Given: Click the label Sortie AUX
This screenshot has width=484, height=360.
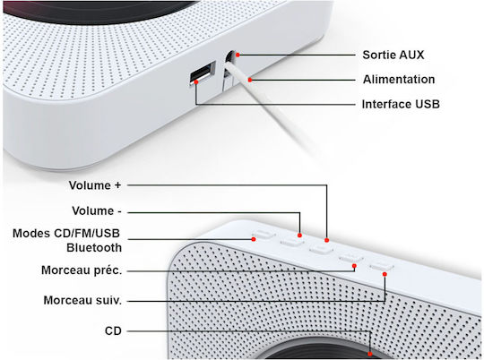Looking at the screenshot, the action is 393,55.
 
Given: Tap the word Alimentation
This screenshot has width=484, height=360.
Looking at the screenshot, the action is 399,80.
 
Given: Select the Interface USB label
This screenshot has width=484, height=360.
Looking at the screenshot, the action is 401,104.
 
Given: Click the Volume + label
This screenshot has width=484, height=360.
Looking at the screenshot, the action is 95,185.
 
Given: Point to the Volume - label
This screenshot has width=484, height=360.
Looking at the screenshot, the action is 97,211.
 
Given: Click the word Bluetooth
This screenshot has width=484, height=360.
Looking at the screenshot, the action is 94,248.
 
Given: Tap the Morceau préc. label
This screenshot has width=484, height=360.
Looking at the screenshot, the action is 82,270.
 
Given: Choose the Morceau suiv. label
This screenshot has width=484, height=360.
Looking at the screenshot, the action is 82,300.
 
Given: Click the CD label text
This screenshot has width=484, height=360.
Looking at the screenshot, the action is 113,331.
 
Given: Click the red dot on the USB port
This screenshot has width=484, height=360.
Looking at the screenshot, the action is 196,82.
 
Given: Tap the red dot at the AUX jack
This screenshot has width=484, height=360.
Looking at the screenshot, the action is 238,55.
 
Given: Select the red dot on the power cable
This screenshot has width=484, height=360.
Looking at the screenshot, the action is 250,80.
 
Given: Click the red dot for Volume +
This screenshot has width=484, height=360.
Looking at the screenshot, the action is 326,240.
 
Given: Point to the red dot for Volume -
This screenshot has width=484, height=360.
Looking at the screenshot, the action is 299,236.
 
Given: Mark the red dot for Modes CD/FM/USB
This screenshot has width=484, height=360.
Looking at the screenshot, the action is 254,239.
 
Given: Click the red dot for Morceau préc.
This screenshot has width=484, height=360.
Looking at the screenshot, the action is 354,266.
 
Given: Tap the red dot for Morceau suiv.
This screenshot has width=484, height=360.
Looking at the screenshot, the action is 385,274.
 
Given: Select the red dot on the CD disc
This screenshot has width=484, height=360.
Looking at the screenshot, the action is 370,354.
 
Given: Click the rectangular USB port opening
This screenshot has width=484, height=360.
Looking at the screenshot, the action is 203,73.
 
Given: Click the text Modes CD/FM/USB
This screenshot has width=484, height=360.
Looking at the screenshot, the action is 66,233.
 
